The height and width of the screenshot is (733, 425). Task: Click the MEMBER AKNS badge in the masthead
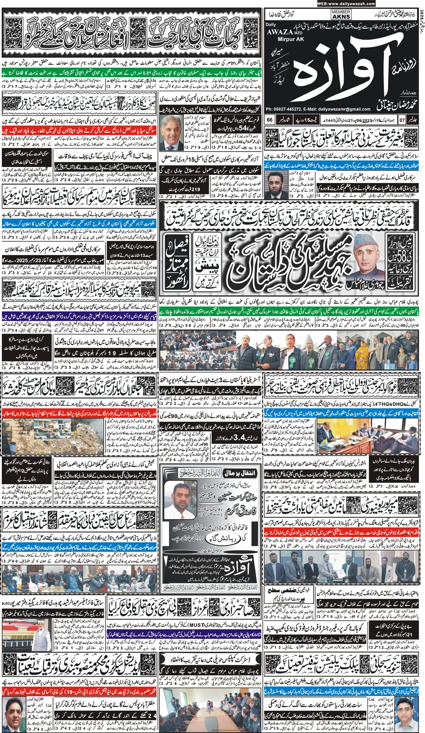(x=341, y=15)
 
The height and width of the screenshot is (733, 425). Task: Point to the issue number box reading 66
(x=270, y=120)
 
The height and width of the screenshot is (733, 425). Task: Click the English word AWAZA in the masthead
(x=278, y=31)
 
